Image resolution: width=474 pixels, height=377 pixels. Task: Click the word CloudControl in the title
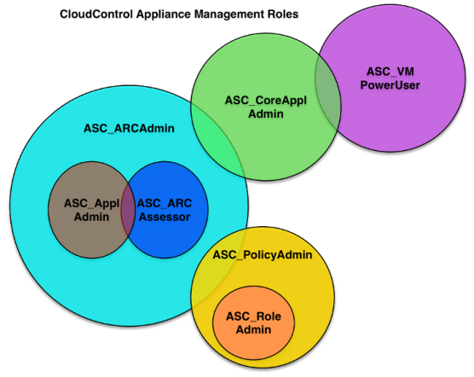96,14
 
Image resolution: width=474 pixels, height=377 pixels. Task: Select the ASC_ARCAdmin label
129,129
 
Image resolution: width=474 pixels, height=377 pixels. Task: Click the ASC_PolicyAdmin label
263,255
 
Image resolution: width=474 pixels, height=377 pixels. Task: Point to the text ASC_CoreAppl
266,101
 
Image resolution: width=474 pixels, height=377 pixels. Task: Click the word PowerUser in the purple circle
390,85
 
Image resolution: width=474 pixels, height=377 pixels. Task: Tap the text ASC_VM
390,72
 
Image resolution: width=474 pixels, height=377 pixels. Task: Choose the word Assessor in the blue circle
165,217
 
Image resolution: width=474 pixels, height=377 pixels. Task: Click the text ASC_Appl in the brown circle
91,204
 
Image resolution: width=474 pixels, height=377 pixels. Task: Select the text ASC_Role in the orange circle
253,316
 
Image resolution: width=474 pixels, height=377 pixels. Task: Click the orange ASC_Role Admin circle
253,339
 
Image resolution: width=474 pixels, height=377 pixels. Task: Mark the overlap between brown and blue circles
128,210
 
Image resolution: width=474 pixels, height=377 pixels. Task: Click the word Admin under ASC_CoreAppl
266,114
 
